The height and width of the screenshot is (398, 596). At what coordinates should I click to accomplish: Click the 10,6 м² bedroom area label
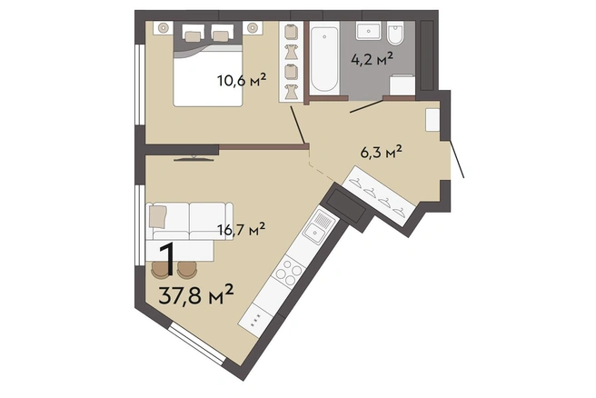241,81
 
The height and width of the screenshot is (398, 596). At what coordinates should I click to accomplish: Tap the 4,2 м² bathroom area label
372,60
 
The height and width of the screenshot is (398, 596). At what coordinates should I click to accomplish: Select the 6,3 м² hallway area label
381,153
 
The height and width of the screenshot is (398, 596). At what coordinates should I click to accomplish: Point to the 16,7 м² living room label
241,230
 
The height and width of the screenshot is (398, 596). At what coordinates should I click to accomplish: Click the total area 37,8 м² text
195,294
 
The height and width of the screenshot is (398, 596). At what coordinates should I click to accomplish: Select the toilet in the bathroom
395,33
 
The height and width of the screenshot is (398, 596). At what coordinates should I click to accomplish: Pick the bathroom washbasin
368,30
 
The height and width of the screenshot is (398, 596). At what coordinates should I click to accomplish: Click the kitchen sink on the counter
317,231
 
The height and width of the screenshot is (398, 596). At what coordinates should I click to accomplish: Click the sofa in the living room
190,221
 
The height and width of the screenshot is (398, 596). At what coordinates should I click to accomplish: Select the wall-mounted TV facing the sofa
194,158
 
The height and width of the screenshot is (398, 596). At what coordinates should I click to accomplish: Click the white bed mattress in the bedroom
207,78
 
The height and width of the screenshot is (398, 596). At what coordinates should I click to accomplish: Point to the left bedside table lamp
164,28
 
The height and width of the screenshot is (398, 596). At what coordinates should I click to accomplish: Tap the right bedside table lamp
253,28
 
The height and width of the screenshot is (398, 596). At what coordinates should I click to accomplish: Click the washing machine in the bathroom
402,85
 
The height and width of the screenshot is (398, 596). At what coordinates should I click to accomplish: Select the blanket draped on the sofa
158,216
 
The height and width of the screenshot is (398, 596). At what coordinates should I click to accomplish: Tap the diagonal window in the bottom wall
197,343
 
